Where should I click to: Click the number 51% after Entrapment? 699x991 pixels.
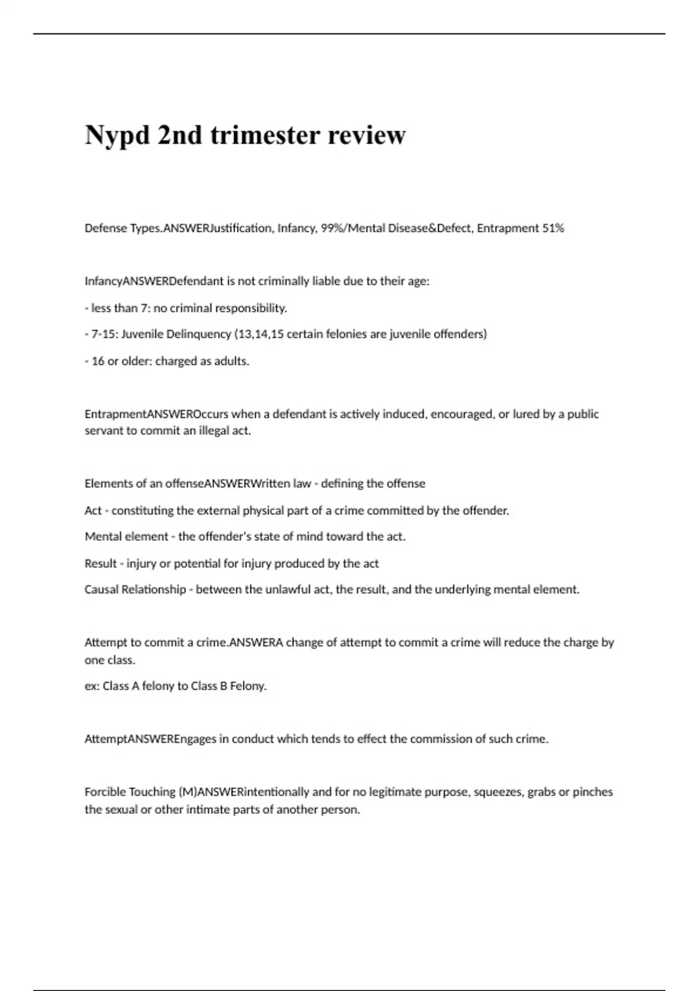(553, 229)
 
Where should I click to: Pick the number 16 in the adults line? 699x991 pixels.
(98, 361)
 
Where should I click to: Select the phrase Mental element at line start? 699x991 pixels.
(126, 537)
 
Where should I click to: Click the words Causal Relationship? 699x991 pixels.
(135, 590)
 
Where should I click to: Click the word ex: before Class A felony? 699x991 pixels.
(92, 686)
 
